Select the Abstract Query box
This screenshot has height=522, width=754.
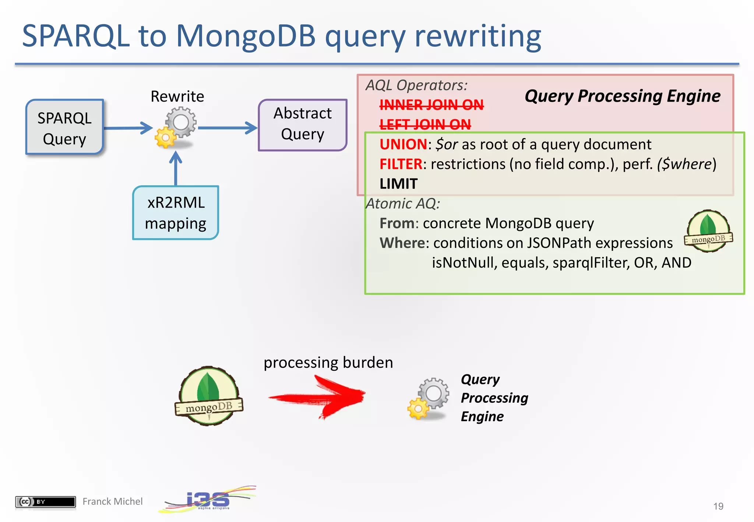302,124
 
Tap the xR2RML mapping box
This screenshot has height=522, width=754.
176,213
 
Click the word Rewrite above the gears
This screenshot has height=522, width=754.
177,96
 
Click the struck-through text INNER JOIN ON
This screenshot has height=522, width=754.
431,105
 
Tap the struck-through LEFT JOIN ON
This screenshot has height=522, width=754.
425,124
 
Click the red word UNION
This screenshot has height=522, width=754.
403,144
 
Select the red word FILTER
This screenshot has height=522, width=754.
401,164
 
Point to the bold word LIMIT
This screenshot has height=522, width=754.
398,184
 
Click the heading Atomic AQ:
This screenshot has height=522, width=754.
403,204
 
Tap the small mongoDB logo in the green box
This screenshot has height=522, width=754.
708,231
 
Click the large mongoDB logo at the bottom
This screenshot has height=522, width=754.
209,396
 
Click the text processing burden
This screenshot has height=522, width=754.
328,363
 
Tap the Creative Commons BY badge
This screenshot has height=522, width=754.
45,501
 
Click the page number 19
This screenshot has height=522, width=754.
718,506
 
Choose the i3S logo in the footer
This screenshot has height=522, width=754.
207,500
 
